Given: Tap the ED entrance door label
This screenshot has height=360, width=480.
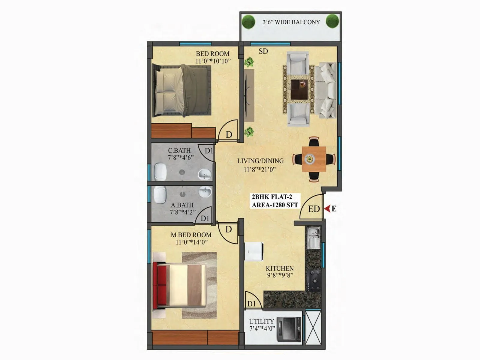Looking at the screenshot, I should (314, 209).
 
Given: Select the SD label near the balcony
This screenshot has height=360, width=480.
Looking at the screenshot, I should (263, 51).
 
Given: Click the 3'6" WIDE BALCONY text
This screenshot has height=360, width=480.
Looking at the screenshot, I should (291, 22).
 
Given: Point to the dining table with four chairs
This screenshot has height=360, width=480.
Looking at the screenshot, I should (314, 159).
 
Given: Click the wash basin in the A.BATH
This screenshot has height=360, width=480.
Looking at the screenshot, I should (205, 192).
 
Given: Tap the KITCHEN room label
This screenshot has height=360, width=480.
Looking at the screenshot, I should (280, 268).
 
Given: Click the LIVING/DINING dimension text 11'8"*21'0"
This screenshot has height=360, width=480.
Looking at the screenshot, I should (259, 169).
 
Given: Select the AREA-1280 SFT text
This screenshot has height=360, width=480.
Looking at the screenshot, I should (275, 205).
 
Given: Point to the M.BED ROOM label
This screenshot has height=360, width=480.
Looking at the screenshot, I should (191, 235).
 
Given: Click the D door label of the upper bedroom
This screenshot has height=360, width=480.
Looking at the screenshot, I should (229, 135).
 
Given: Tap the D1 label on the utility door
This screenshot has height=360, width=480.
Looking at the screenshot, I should (251, 304).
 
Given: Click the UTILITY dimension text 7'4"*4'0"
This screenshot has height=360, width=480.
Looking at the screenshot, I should (262, 328).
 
